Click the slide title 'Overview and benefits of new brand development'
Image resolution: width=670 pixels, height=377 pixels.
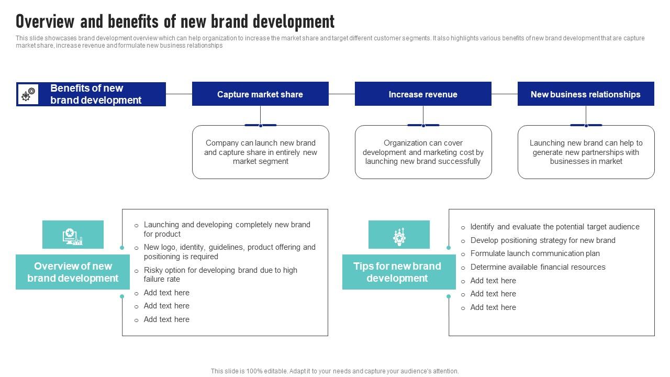point(175,22)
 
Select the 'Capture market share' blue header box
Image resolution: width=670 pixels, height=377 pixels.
point(260,94)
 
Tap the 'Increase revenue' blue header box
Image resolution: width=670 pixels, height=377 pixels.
point(423,94)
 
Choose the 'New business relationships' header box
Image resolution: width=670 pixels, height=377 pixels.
point(586,94)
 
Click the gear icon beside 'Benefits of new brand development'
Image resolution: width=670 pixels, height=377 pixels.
point(27,94)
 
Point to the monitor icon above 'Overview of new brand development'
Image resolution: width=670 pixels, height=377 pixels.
point(73,235)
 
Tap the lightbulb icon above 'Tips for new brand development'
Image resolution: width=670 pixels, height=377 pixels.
point(399,235)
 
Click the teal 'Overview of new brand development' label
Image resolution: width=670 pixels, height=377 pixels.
point(73,272)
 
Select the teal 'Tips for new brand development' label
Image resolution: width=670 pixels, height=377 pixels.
point(397,272)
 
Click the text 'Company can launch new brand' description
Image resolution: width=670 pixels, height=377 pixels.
point(261,152)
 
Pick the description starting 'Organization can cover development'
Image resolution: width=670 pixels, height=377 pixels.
point(423,152)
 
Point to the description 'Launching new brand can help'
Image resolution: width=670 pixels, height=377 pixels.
point(586,152)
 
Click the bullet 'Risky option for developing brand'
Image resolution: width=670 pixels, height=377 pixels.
point(220,274)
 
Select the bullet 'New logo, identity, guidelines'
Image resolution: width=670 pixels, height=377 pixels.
point(229,252)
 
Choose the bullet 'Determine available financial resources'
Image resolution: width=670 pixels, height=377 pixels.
point(538,267)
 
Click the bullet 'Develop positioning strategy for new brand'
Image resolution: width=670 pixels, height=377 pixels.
point(543,240)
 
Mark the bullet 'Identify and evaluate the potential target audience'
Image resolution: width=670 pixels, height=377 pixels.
point(555,227)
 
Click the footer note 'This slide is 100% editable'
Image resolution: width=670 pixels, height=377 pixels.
point(334,371)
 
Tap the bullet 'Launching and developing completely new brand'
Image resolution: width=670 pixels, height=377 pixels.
point(227,229)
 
